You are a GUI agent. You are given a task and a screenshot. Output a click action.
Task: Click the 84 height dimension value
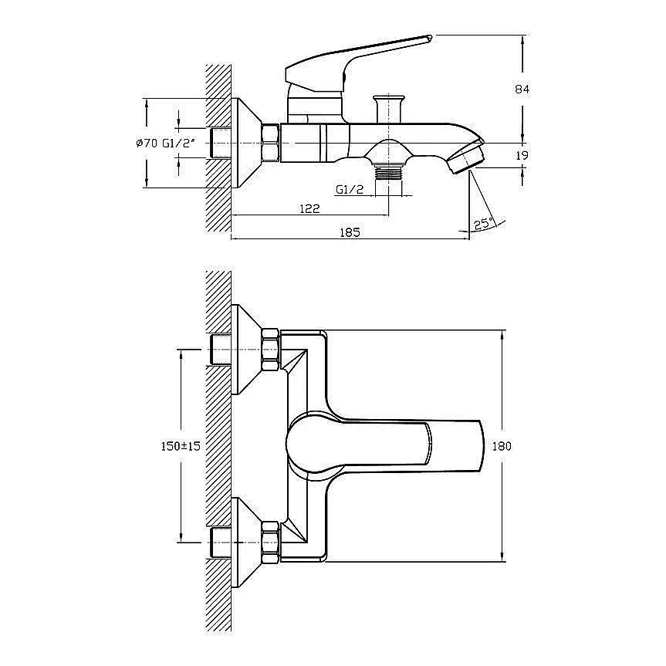pos(522,90)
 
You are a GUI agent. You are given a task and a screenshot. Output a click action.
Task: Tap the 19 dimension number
pos(522,155)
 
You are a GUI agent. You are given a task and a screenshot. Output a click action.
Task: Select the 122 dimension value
pos(309,208)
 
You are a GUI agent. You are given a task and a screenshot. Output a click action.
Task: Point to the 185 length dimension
pos(350,232)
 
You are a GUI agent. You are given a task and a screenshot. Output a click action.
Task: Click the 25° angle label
pos(483,223)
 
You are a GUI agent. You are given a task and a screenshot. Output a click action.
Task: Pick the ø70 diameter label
pos(147,143)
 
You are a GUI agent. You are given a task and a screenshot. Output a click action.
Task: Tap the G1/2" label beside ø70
pos(178,143)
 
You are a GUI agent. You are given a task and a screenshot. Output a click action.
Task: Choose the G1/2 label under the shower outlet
pos(350,189)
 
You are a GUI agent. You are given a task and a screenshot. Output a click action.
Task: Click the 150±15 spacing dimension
pos(181,446)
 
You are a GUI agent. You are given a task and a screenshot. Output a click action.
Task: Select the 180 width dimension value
pos(502,446)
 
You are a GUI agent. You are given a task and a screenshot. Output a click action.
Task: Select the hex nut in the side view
pos(271,143)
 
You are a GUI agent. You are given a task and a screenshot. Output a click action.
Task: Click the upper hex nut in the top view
pos(270,350)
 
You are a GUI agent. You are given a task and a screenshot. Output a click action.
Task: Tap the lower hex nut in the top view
pos(270,543)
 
